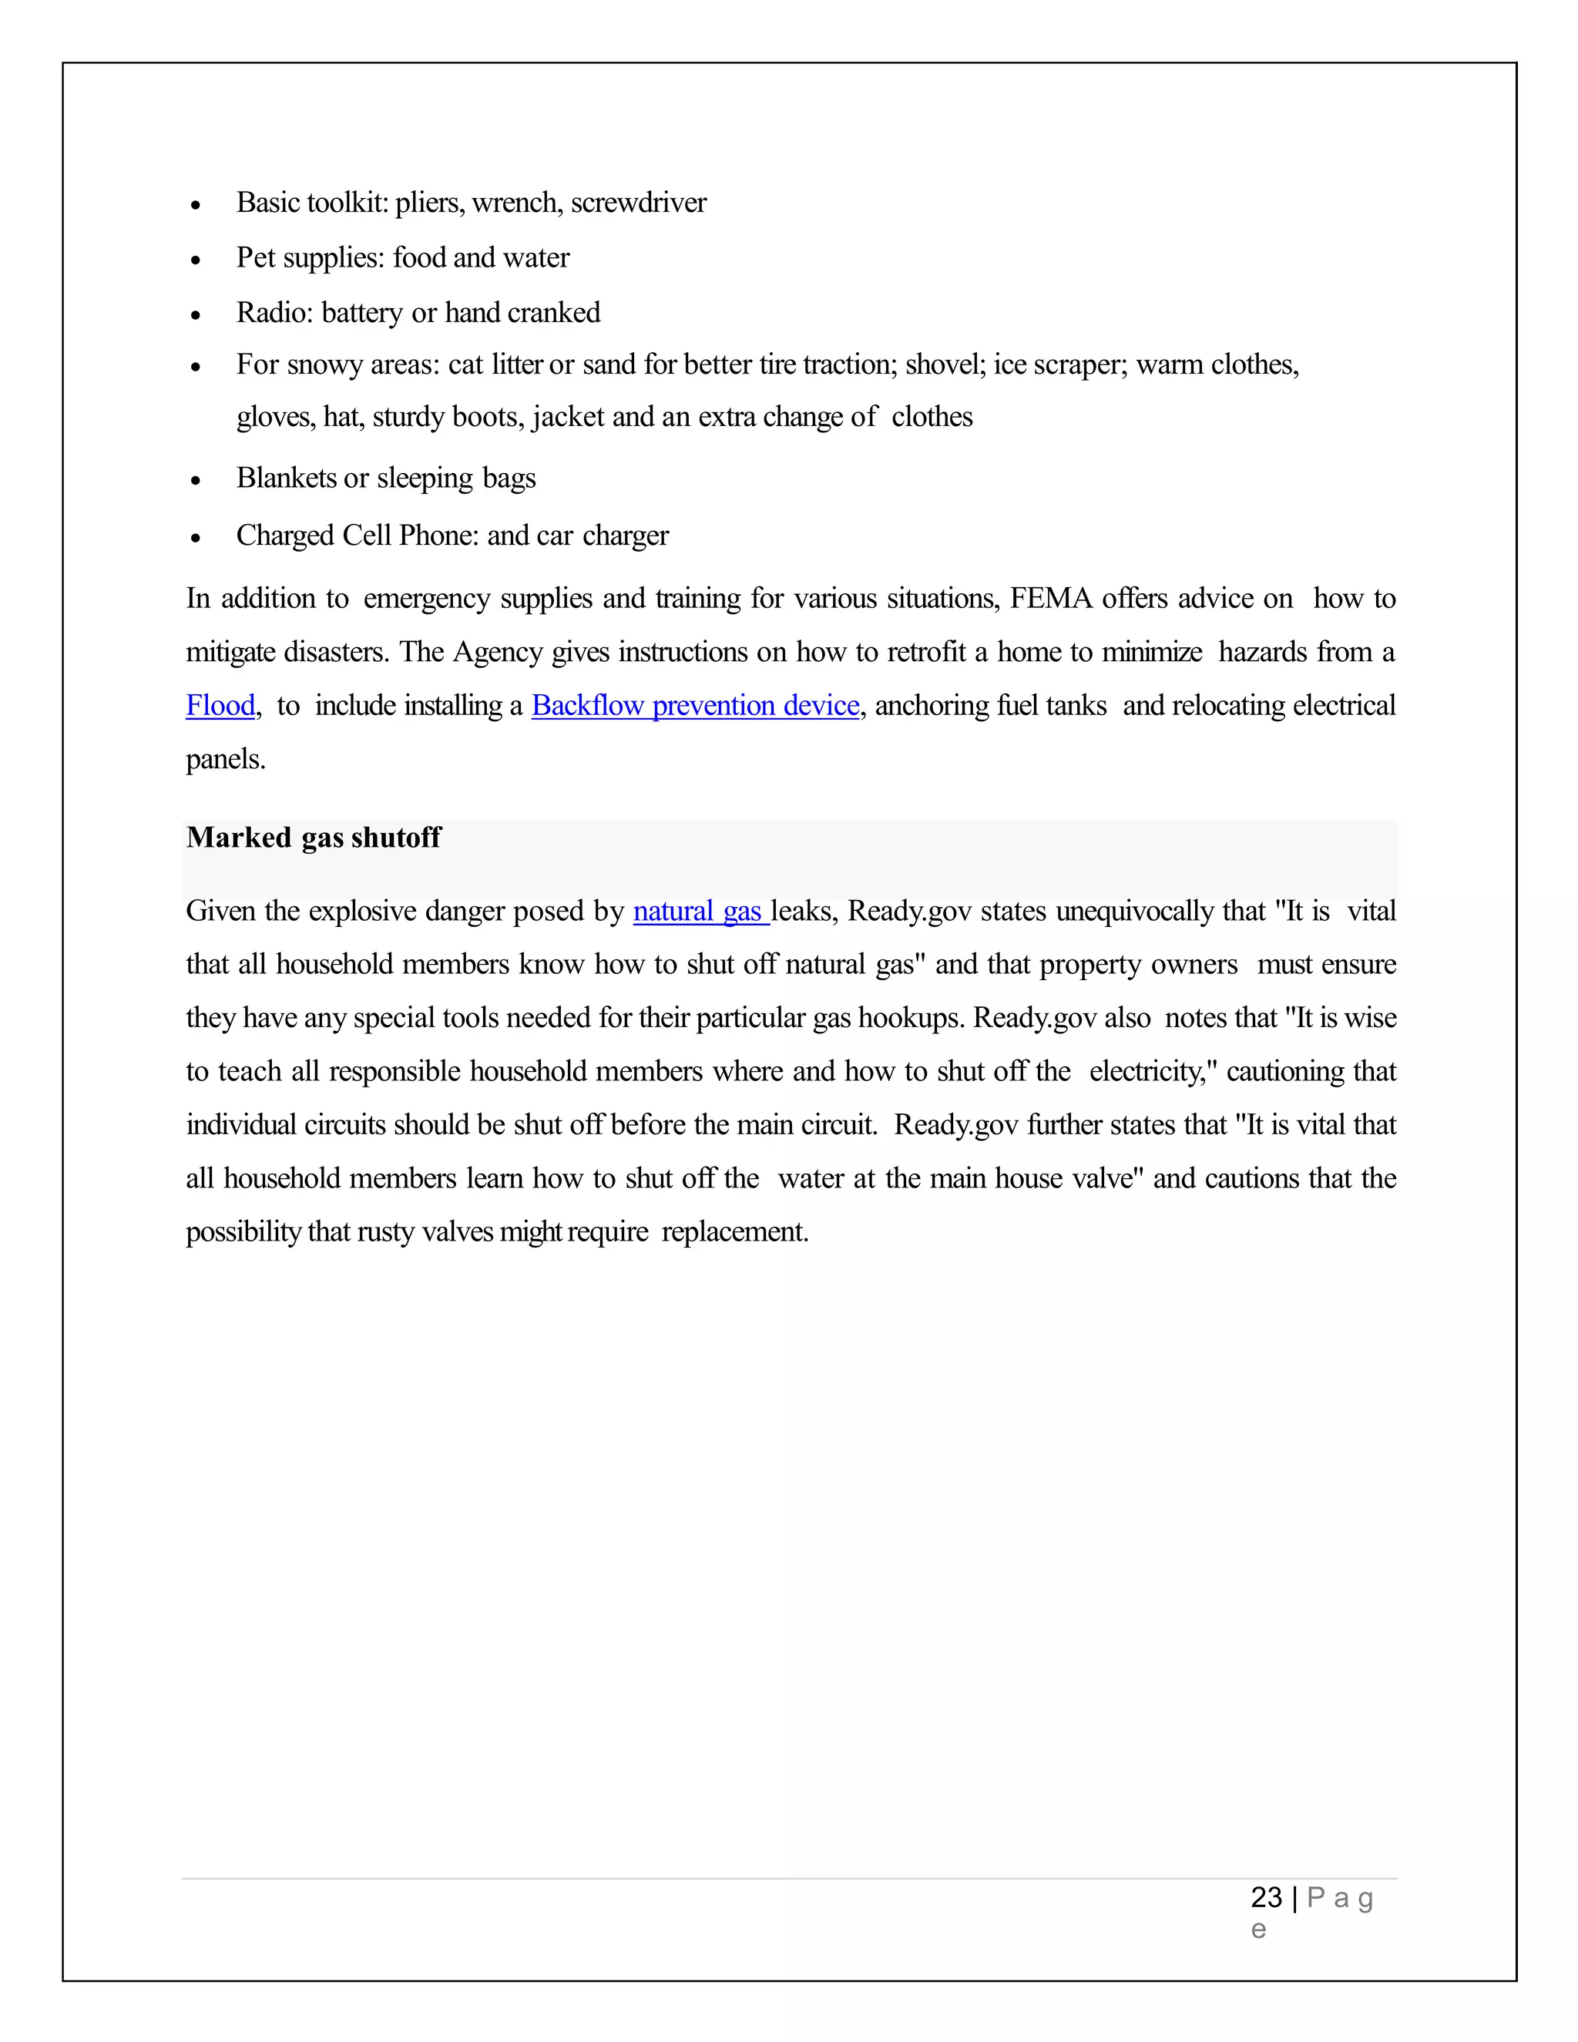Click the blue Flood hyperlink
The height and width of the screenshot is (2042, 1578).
220,706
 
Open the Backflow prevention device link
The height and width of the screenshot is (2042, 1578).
694,706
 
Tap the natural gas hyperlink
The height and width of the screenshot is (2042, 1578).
700,912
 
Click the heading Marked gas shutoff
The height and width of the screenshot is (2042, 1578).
313,838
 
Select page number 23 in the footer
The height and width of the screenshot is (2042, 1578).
1266,1897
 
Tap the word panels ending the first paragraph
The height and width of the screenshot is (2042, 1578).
224,759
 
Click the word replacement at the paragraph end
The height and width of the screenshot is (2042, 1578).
734,1232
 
